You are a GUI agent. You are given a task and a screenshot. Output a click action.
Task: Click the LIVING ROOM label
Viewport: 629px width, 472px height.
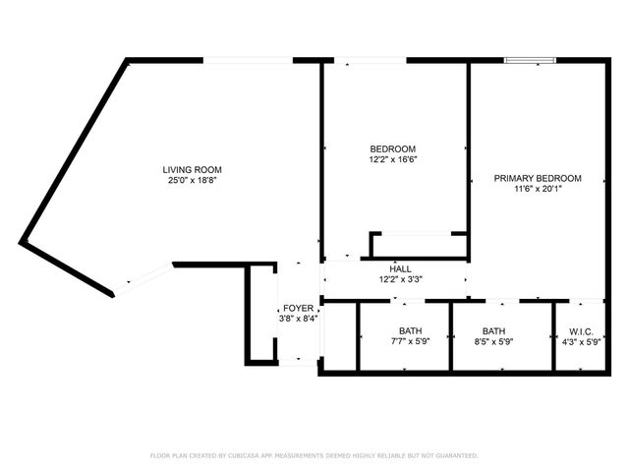[190, 169]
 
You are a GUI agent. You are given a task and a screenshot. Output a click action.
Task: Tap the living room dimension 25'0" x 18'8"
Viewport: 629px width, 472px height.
[190, 181]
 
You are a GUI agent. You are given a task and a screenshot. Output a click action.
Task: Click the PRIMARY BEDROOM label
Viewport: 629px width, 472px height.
[537, 178]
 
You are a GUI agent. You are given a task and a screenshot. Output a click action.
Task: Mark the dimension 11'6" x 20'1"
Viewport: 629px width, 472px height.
[537, 190]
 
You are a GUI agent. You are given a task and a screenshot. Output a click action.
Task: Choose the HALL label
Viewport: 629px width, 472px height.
[400, 268]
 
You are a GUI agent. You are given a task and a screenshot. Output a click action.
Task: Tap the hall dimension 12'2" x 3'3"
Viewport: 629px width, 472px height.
[400, 280]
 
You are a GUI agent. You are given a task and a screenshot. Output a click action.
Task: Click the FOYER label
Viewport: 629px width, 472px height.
[298, 308]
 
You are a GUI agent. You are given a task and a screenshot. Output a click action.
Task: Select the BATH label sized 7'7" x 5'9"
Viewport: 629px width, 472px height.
[410, 330]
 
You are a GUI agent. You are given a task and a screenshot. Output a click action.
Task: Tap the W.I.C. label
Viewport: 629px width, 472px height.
[581, 330]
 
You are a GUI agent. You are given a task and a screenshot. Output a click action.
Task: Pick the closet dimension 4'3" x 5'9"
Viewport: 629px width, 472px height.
[581, 342]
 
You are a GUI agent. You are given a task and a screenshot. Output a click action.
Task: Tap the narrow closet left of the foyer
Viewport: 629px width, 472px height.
[260, 313]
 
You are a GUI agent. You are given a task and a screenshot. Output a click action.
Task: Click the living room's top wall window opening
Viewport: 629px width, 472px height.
[249, 61]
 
